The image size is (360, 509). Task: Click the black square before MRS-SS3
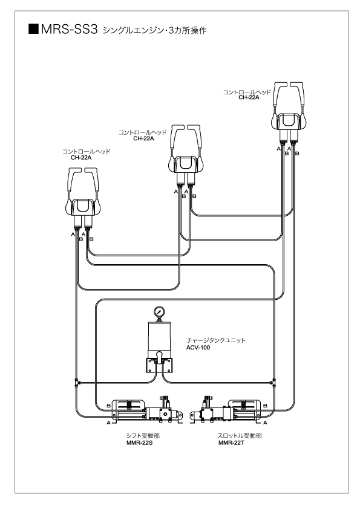33,29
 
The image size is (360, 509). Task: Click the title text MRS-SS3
69,30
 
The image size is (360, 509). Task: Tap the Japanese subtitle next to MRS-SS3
155,30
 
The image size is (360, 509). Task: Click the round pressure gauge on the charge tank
159,312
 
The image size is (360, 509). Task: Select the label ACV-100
198,348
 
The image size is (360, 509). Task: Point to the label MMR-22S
139,443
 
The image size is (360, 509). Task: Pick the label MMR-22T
231,443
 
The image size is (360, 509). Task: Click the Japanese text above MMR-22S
143,436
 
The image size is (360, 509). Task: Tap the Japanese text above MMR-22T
240,436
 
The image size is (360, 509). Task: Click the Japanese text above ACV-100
216,340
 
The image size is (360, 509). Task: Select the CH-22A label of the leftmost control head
81,158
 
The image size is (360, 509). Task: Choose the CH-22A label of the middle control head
143,138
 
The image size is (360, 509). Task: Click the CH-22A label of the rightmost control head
249,97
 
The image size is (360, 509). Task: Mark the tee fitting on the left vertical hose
77,382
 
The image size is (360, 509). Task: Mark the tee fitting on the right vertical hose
273,382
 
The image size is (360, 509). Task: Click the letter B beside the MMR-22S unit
108,406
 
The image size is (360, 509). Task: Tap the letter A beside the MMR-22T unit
265,423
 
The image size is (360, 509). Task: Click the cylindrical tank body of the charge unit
159,337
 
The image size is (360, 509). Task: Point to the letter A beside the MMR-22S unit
108,423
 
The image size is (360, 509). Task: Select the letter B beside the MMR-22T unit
265,406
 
